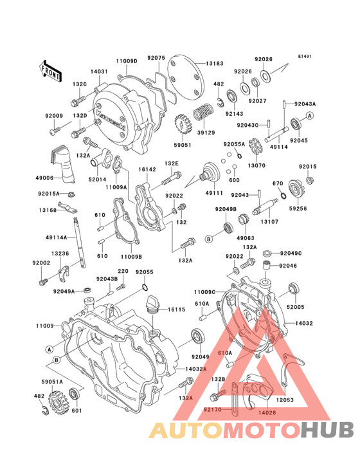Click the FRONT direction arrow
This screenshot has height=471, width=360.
[51, 69]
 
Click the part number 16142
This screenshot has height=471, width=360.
[147, 169]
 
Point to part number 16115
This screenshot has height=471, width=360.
[177, 309]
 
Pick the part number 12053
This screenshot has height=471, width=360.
[286, 399]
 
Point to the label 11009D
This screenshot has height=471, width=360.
[127, 61]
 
